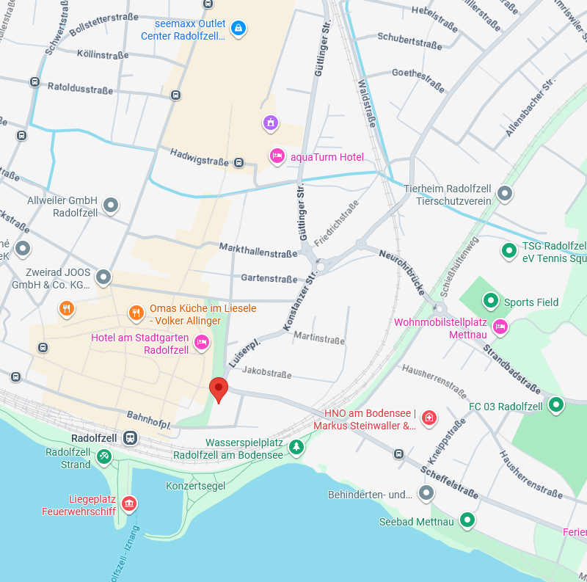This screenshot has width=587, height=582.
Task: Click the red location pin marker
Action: (x=219, y=388)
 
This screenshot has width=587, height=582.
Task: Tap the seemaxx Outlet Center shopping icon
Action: (x=238, y=29)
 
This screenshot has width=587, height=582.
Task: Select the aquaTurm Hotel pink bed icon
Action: (x=277, y=156)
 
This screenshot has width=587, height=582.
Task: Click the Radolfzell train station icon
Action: (x=130, y=438)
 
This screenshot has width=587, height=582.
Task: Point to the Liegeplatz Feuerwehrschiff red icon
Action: (x=129, y=503)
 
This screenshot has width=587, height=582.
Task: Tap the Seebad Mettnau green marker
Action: (x=465, y=521)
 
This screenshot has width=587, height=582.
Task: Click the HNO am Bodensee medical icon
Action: (x=429, y=418)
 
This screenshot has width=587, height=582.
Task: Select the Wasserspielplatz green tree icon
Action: (x=296, y=447)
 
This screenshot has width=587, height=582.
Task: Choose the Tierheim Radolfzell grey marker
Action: (x=504, y=194)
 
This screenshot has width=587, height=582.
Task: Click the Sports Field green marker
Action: (x=490, y=301)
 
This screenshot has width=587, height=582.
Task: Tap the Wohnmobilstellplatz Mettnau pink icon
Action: (x=500, y=327)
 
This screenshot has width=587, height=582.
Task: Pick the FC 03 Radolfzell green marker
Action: (x=556, y=404)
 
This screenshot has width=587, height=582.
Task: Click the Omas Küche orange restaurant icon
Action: (x=136, y=313)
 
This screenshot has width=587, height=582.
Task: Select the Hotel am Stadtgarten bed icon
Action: (x=202, y=343)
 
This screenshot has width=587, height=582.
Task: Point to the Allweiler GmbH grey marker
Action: (x=111, y=205)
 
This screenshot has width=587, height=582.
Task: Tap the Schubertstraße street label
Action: (x=409, y=40)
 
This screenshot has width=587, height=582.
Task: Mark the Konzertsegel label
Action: (x=195, y=486)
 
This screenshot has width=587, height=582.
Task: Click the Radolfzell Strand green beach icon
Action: (x=104, y=458)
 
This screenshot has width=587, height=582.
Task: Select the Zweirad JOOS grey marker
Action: (x=103, y=277)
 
